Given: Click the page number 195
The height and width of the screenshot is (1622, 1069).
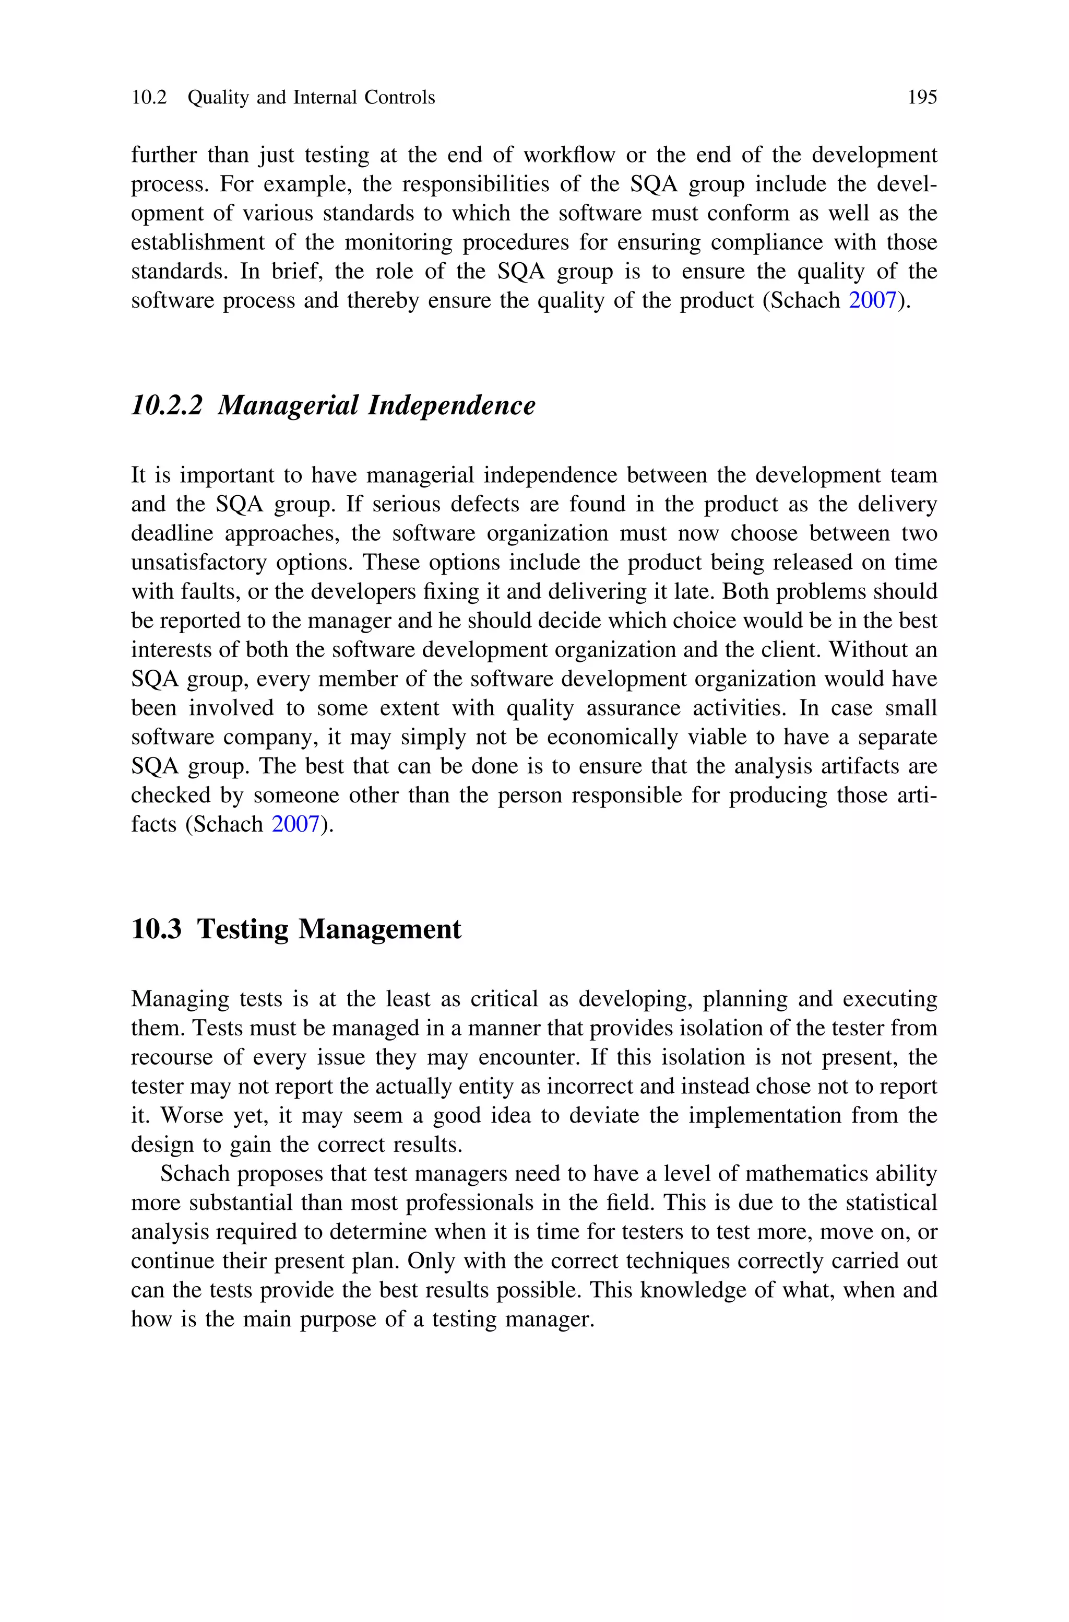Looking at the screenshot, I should tap(922, 98).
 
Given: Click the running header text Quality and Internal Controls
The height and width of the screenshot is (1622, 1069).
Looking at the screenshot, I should tap(311, 98).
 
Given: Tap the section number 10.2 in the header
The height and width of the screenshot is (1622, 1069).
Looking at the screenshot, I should tap(149, 98).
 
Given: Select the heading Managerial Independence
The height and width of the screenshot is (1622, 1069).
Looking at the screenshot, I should tap(376, 405).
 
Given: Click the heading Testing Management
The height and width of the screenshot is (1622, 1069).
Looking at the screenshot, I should tap(329, 929).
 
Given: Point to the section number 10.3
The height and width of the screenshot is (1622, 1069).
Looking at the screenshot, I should tap(156, 929).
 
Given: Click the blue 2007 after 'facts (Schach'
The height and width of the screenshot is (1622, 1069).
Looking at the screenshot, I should tap(295, 825).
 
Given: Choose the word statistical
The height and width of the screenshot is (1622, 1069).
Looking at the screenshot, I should tap(891, 1203).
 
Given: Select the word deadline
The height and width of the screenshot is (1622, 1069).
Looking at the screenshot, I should tap(173, 533).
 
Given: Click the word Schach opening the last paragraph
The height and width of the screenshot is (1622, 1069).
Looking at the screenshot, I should tap(194, 1174).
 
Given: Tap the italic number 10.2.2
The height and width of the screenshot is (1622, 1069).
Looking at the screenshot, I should tap(167, 405).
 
